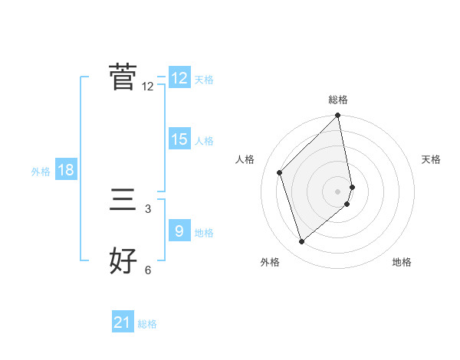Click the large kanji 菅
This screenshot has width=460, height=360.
(x=123, y=77)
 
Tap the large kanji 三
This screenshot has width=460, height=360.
(x=123, y=201)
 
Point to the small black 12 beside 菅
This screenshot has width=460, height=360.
(x=148, y=87)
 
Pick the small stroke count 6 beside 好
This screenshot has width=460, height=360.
(x=148, y=270)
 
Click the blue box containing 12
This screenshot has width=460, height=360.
(x=179, y=78)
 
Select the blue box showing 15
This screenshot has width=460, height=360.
(x=179, y=139)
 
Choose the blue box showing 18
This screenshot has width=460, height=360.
(x=66, y=171)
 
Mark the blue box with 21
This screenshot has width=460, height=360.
(x=123, y=322)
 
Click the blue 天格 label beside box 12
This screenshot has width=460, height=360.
(x=204, y=80)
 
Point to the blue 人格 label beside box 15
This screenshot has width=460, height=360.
(x=204, y=141)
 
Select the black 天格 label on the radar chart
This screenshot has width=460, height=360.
(x=432, y=159)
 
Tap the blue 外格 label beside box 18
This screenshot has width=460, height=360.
(x=41, y=172)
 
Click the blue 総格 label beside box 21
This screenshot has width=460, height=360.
(x=147, y=324)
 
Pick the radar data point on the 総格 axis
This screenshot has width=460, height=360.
(x=337, y=116)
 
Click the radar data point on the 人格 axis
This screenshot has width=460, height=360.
(x=280, y=172)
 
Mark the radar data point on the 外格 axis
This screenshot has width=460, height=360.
(x=302, y=242)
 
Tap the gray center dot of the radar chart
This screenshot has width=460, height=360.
(x=337, y=191)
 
